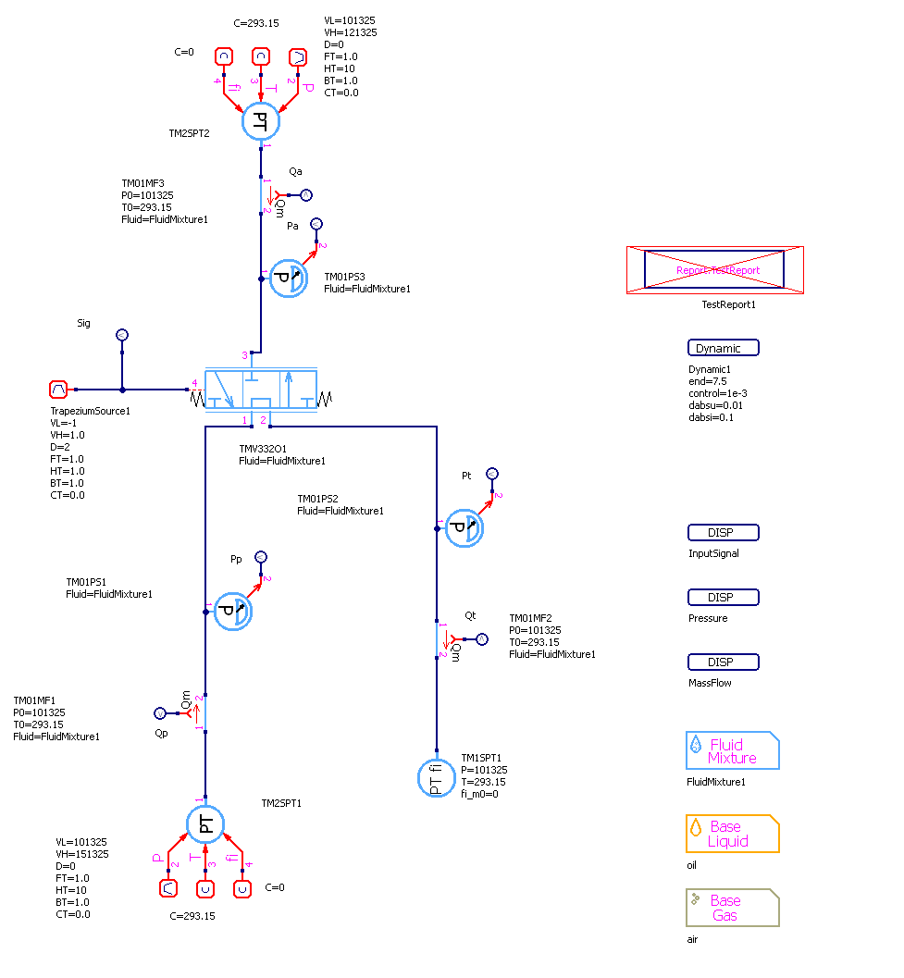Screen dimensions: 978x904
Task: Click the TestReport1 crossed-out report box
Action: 714,270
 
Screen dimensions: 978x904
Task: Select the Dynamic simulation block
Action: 724,348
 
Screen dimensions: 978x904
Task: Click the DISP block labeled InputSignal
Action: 724,533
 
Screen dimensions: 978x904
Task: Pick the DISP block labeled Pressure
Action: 724,598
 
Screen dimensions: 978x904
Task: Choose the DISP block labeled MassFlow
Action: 724,662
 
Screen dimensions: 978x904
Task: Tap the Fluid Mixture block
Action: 732,751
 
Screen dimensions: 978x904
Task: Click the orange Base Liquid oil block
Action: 732,834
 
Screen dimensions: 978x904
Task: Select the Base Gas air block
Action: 732,908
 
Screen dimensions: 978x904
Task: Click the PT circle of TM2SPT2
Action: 261,121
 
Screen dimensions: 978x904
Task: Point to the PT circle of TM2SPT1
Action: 205,824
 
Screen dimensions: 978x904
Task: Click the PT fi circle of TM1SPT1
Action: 436,776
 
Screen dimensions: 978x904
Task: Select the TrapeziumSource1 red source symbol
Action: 59,390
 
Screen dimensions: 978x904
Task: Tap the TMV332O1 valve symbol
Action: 261,390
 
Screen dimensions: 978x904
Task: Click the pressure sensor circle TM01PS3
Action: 289,278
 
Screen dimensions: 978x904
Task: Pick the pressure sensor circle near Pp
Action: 233,612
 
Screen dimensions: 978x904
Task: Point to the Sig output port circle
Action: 121,335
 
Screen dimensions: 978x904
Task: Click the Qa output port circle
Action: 306,195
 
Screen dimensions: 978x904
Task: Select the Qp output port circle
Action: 159,713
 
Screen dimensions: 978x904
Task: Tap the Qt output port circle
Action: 482,639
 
